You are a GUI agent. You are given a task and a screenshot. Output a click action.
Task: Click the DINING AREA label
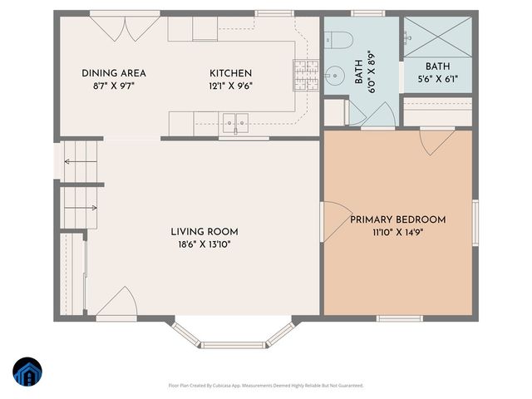[x=108, y=73]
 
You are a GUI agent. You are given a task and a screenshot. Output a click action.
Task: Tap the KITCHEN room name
[x=230, y=73]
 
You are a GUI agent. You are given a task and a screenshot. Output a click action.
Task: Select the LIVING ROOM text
[x=204, y=232]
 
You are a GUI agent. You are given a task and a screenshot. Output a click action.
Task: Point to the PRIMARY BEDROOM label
[x=397, y=219]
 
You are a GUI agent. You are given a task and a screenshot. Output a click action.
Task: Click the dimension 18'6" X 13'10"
[x=204, y=244]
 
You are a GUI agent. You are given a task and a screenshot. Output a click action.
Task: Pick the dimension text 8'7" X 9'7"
[x=108, y=85]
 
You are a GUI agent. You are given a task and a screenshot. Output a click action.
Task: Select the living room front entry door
[x=116, y=308]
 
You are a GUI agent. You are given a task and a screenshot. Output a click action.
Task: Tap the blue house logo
[x=27, y=372]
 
